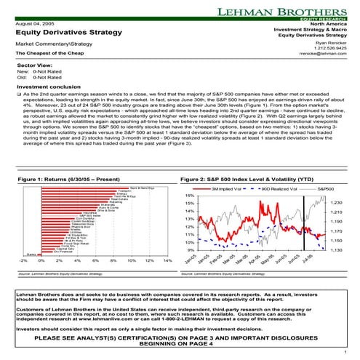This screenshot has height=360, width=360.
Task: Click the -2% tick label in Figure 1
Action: click(23, 260)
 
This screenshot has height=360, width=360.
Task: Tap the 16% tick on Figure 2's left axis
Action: click(188, 195)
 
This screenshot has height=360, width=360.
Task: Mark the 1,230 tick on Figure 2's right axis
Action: click(336, 204)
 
